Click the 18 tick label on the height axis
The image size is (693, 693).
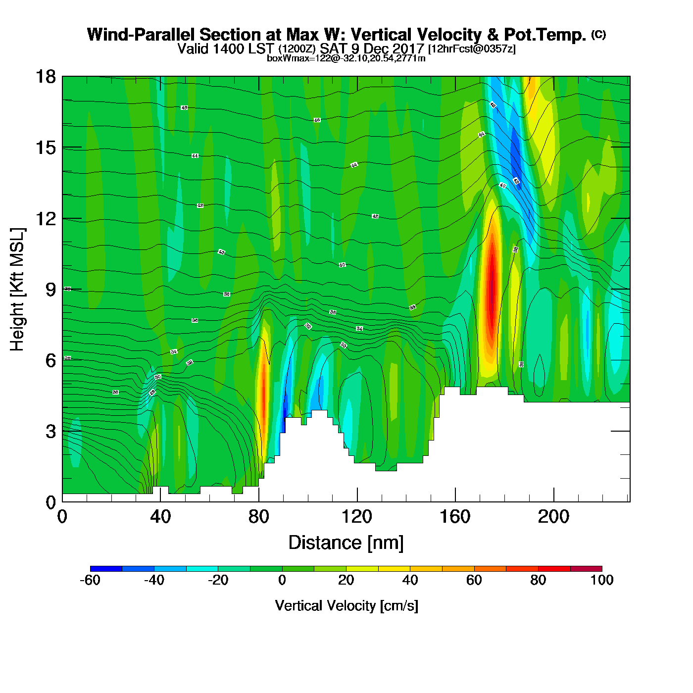(45, 77)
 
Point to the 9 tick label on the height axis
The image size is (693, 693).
(50, 290)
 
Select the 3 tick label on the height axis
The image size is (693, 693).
(50, 432)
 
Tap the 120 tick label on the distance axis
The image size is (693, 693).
(357, 517)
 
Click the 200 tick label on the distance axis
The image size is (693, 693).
(553, 517)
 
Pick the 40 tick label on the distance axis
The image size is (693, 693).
(160, 517)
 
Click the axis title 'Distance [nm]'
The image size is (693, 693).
(346, 543)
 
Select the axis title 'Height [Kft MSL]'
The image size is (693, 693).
(17, 290)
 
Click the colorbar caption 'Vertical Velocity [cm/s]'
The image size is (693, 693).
(346, 605)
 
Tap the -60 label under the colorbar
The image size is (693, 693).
(90, 580)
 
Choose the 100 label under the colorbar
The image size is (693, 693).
(602, 580)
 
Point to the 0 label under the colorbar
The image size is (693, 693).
(282, 580)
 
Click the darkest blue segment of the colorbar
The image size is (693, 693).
(106, 568)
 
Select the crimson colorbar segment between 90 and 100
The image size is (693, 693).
(586, 568)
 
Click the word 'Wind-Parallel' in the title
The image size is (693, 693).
(141, 35)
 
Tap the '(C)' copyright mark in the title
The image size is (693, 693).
(598, 34)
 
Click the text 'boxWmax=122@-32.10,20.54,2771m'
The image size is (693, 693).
(346, 58)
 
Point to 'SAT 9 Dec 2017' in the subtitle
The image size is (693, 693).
(372, 49)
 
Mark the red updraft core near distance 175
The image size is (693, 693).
(491, 287)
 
